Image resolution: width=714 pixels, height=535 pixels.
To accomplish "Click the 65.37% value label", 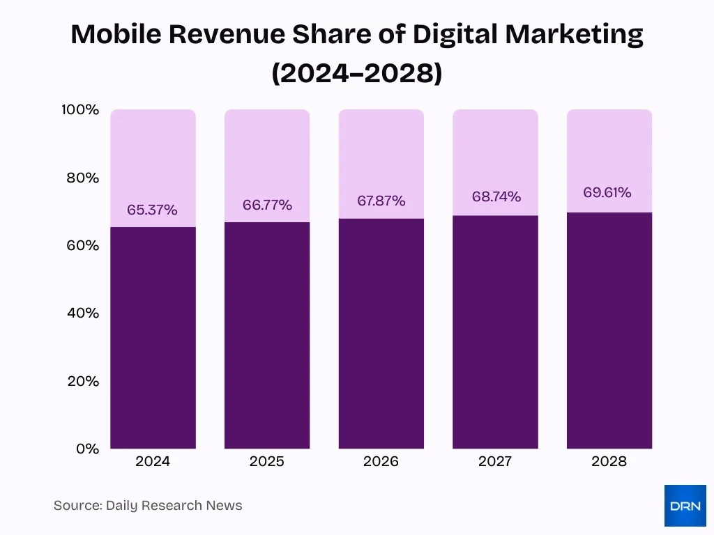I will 152,210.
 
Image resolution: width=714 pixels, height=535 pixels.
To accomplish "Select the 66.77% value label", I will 267,205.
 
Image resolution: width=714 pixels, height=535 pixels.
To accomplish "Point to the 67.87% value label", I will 381,201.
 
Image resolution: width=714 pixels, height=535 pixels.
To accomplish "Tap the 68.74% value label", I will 496,196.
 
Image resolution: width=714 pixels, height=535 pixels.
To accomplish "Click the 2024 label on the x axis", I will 153,461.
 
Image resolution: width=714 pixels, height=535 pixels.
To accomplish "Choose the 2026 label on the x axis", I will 381,461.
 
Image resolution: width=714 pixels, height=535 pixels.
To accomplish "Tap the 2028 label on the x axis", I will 609,461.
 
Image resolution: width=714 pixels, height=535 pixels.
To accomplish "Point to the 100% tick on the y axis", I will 82,110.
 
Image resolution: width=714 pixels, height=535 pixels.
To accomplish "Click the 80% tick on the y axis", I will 84,178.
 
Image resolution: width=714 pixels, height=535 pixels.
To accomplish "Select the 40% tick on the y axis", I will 84,313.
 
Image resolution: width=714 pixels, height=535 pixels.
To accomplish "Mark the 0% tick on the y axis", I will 87,449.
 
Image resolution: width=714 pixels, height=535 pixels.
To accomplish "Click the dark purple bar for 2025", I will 267,334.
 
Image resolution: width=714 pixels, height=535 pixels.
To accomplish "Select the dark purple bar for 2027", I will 495,332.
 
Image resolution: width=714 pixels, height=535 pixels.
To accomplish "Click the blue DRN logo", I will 685,506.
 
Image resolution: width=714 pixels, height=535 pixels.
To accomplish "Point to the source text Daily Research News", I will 174,506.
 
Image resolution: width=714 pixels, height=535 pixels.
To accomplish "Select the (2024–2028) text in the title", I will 357,72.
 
